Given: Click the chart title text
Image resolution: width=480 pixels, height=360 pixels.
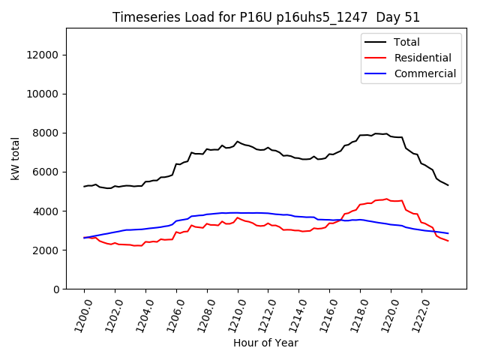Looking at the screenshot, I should click(266, 17).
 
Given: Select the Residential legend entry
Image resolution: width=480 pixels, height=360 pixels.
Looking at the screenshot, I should click(422, 58).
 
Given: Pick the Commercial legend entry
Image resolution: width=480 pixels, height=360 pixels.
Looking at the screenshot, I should click(424, 73).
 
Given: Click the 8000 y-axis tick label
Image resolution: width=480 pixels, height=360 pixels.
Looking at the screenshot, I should click(47, 133).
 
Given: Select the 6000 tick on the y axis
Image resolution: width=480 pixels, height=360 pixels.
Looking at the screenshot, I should click(47, 172).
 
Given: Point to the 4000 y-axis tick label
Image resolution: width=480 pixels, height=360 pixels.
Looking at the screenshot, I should click(47, 211).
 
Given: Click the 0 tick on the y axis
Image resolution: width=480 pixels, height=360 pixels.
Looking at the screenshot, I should click(56, 289).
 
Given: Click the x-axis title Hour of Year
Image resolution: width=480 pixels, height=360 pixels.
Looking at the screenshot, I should click(265, 343).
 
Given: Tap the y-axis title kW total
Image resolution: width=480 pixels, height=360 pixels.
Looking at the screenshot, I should click(15, 158).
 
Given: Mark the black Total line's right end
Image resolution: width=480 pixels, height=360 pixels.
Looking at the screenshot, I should click(448, 184).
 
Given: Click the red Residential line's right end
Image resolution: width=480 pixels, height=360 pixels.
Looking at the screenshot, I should click(448, 241).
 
